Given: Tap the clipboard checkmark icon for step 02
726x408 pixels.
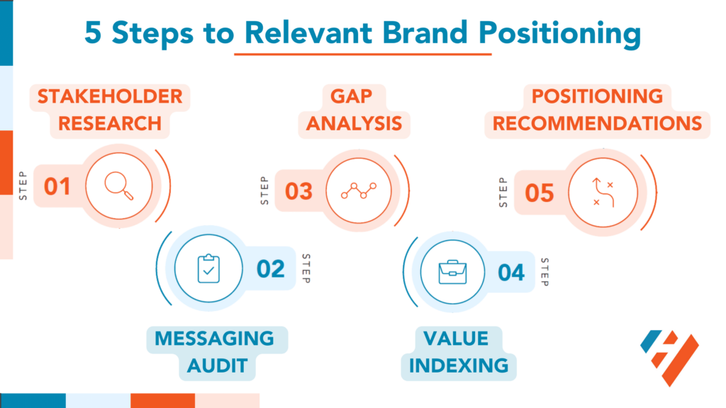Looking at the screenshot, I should click(x=208, y=269).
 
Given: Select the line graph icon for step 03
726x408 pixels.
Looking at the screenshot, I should click(x=358, y=191).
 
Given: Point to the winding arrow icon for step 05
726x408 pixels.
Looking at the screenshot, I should click(x=602, y=192).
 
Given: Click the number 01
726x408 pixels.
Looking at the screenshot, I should click(x=57, y=187).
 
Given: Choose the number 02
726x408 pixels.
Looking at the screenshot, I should click(x=270, y=269).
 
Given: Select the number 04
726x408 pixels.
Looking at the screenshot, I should click(x=510, y=272).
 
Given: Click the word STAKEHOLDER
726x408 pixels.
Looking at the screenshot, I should click(x=109, y=96).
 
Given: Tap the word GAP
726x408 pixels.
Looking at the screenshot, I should click(x=354, y=96).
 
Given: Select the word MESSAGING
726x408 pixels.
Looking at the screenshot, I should click(x=214, y=338).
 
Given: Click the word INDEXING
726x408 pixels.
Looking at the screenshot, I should click(x=458, y=365).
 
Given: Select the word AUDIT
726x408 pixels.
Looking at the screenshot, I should click(x=217, y=365).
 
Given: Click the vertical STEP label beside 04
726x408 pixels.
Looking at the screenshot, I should click(x=544, y=272).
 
